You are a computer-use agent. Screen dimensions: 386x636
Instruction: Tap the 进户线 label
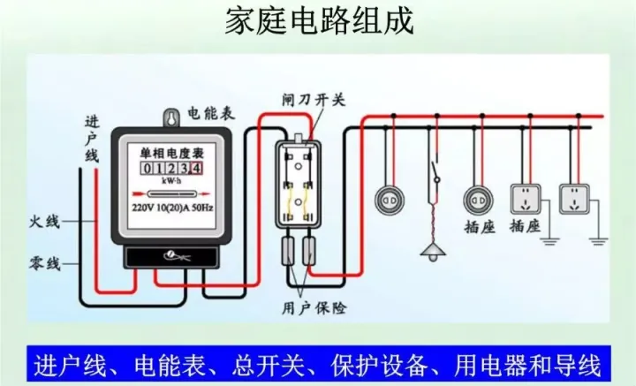92,138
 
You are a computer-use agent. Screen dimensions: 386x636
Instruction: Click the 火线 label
43,222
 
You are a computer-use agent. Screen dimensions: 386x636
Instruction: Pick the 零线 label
43,262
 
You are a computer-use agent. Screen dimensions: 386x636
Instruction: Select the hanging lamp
433,251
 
